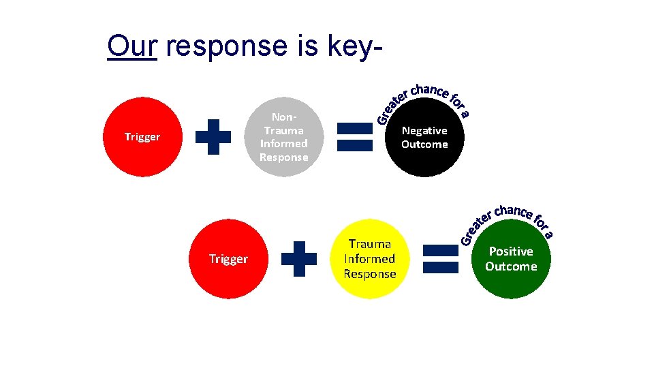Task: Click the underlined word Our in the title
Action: (132, 46)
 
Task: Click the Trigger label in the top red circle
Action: (142, 137)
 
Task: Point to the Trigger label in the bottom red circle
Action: (228, 260)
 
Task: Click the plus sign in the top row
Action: (213, 137)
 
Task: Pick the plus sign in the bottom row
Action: (299, 259)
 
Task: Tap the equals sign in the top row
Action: (356, 137)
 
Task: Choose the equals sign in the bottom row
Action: (440, 259)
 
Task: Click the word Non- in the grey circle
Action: (283, 117)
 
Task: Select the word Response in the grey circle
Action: (283, 157)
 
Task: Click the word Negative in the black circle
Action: (424, 130)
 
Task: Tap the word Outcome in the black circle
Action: (424, 144)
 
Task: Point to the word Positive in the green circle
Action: (511, 251)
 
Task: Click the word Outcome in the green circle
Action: (511, 266)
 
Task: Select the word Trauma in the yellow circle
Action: (370, 244)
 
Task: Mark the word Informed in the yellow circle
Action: (370, 259)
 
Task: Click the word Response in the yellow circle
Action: (370, 274)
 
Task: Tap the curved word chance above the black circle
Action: (429, 91)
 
